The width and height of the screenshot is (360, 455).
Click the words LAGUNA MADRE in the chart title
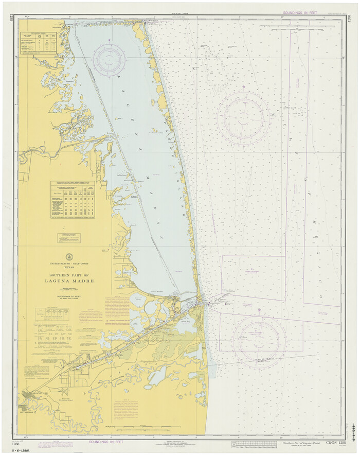pos(69,281)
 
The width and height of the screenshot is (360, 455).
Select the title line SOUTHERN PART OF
pos(69,275)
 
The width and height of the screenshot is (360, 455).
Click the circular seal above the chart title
pos(69,256)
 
